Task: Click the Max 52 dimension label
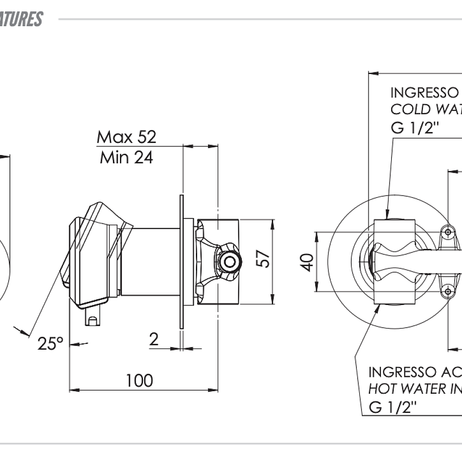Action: coord(126,137)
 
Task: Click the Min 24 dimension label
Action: coord(126,157)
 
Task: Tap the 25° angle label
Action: coord(50,343)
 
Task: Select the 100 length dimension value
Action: coord(139,380)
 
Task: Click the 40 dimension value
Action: coord(307,262)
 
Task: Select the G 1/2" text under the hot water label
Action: coord(393,408)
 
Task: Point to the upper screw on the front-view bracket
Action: coord(448,232)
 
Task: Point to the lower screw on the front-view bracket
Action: coord(448,292)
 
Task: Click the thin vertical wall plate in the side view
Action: coord(181,262)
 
